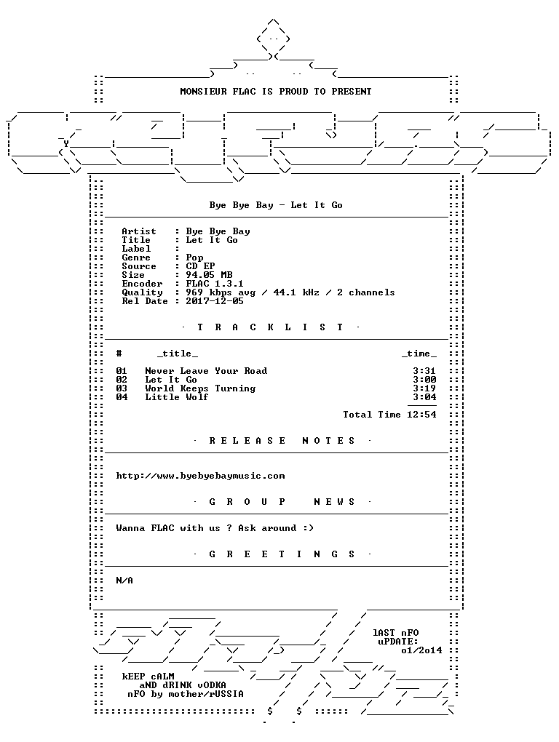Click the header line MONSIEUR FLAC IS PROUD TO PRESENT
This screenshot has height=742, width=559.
(275, 92)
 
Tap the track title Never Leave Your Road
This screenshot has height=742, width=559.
(206, 371)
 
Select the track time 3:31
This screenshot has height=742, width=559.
(424, 371)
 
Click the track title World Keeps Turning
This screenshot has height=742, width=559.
(200, 388)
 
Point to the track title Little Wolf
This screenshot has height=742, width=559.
(177, 397)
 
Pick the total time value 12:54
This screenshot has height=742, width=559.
(421, 415)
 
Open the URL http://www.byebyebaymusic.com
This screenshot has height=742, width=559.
(200, 476)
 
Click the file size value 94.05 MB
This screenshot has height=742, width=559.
(209, 275)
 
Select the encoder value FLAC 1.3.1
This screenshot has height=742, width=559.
(215, 284)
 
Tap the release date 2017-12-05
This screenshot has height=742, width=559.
(215, 301)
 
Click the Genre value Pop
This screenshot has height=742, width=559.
(194, 258)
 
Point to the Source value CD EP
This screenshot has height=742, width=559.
(200, 266)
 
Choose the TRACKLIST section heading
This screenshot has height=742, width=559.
(270, 327)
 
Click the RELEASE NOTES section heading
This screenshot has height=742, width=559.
(282, 441)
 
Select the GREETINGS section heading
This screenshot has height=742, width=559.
(282, 554)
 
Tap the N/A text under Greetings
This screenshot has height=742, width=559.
(124, 581)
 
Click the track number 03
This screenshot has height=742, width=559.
(122, 388)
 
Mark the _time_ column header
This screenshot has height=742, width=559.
(419, 354)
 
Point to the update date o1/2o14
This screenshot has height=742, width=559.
(421, 650)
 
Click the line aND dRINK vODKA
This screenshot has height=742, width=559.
(182, 685)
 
